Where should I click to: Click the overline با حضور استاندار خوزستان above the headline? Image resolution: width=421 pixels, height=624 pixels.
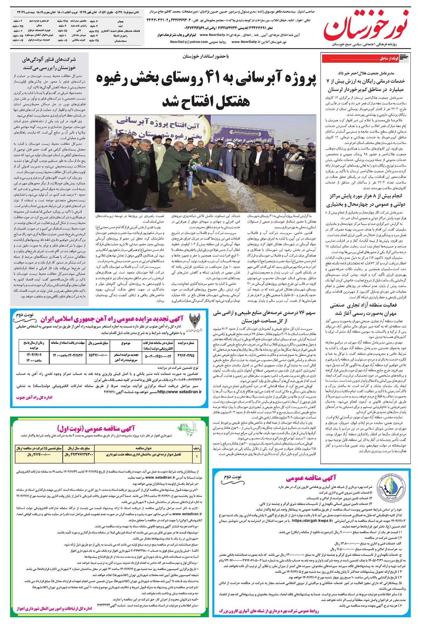click(x=206, y=56)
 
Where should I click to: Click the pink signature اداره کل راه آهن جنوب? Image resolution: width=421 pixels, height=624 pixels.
click(x=34, y=398)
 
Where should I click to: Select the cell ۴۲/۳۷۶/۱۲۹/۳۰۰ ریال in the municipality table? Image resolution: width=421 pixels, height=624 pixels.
click(x=79, y=455)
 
